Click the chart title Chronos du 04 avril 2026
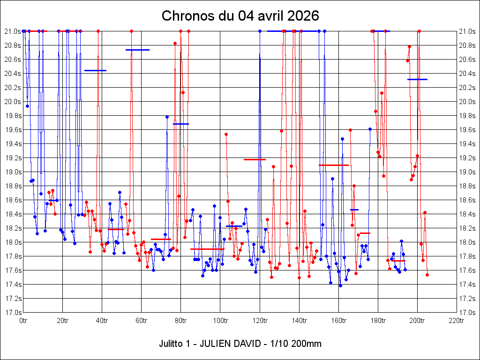240,16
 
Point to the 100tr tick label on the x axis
220,321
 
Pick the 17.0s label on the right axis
468,313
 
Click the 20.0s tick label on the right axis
468,102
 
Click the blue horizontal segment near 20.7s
137,50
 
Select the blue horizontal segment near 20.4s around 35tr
95,70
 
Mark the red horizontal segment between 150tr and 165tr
334,165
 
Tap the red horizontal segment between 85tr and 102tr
207,249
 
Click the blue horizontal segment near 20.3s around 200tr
417,79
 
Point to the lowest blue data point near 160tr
340,285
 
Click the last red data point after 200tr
427,275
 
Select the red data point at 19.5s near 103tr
226,134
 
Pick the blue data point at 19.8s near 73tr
167,117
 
